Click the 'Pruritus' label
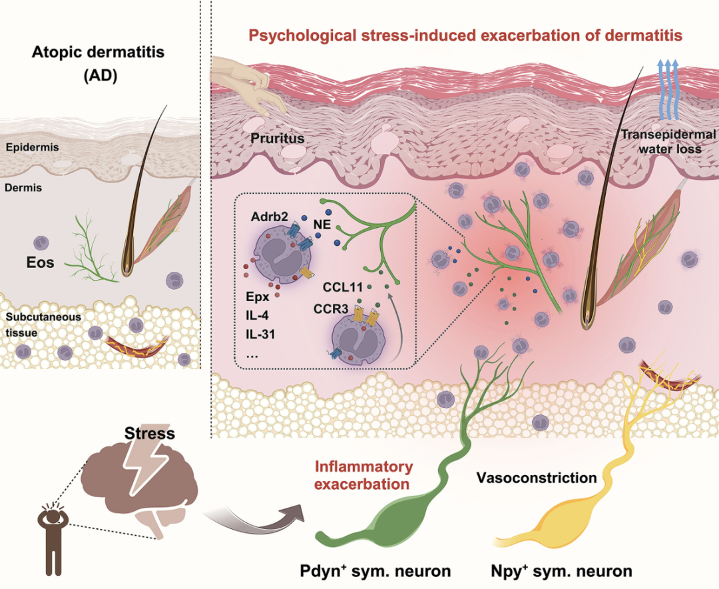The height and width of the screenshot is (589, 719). (x=277, y=139)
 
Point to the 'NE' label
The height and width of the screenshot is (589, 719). (x=322, y=226)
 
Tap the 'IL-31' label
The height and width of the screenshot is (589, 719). (x=260, y=334)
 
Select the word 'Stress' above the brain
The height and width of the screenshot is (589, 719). (x=150, y=434)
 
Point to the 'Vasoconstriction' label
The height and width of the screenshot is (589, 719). (x=536, y=478)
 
